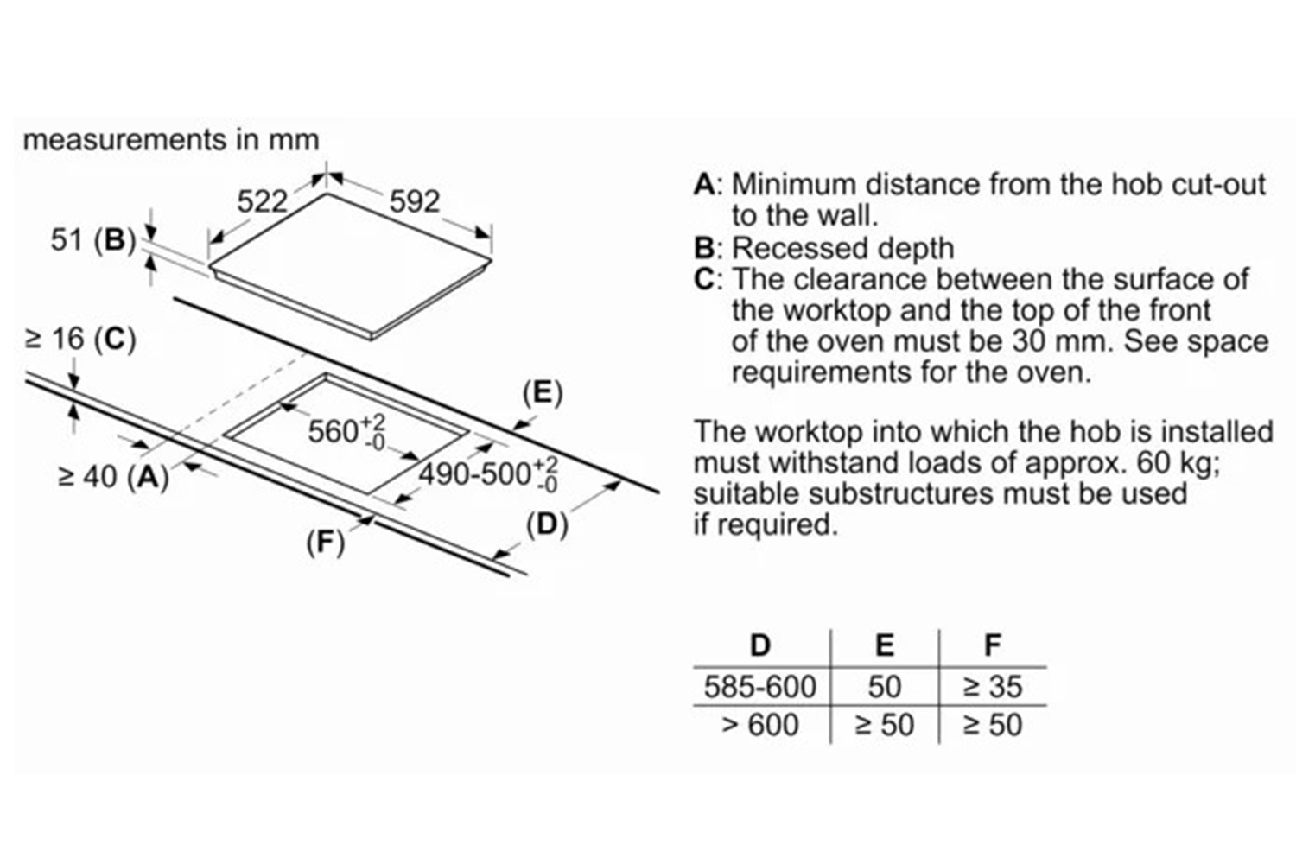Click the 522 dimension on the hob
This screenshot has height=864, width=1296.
261,202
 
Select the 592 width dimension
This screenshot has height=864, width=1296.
415,202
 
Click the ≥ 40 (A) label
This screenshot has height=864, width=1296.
112,475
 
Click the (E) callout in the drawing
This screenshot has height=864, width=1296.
542,393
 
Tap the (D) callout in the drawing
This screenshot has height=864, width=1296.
547,524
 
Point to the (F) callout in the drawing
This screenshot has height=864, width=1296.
326,542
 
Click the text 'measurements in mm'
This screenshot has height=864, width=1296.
171,140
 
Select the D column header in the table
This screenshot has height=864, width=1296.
760,645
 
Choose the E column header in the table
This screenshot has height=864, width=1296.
884,645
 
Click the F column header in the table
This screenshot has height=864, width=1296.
993,645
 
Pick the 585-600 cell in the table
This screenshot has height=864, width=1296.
759,687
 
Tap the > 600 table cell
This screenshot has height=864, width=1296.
759,725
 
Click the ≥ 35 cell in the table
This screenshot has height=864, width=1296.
993,687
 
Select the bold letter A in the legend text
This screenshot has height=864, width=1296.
705,185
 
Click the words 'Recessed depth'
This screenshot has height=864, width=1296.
842,249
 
